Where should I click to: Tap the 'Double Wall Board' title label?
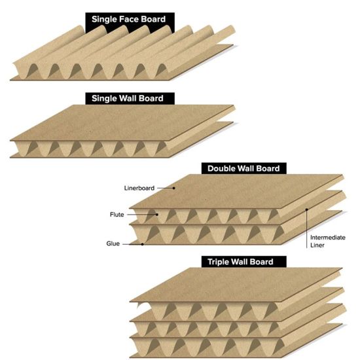(243, 168)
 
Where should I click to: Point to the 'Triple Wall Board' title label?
(243, 262)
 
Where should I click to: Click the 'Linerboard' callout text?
(139, 188)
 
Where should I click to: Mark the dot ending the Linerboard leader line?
(174, 188)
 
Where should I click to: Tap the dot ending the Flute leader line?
(156, 214)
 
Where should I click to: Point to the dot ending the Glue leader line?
(143, 244)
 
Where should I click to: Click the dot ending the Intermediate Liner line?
(306, 210)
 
